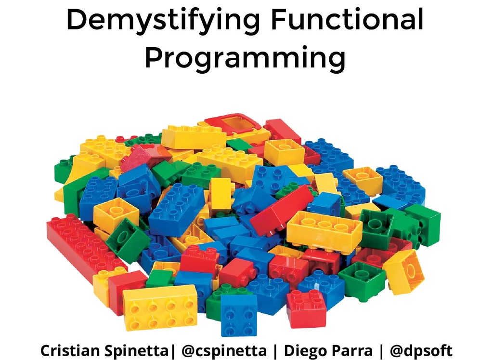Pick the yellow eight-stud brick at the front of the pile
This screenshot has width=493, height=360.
[x=160, y=307]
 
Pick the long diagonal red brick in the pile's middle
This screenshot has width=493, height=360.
[x=282, y=209]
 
